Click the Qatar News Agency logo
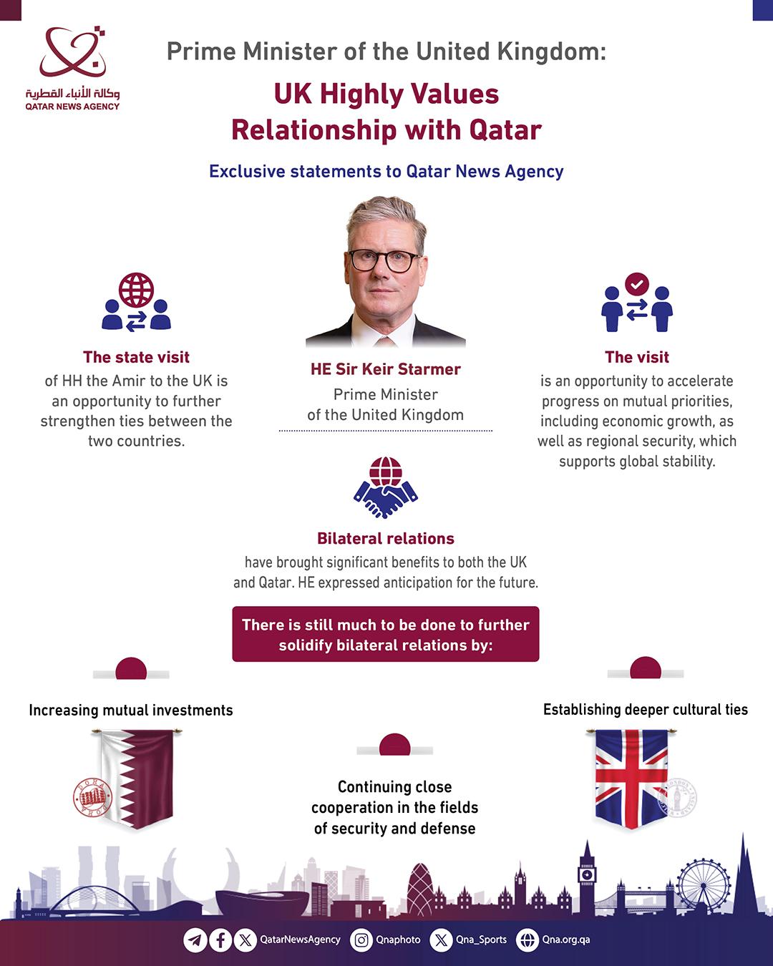click(72, 68)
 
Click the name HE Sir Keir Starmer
click(385, 369)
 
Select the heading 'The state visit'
click(136, 357)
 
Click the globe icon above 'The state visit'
click(136, 291)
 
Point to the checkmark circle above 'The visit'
click(636, 284)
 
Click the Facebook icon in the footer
click(220, 940)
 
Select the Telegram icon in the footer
click(195, 940)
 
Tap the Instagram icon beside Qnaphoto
click(361, 940)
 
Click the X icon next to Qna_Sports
click(441, 940)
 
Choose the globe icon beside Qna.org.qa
click(528, 940)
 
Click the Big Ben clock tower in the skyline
click(587, 877)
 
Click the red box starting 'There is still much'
click(385, 635)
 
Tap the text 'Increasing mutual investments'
click(131, 711)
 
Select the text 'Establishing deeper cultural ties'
click(645, 710)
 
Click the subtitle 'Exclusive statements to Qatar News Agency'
click(386, 172)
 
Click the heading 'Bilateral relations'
click(385, 539)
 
